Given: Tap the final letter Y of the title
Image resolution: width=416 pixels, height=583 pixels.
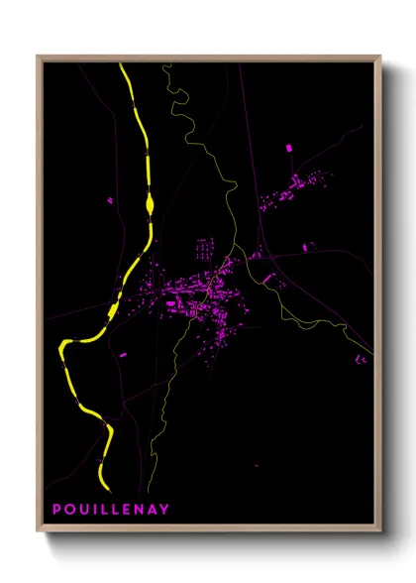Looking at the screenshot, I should (164, 510).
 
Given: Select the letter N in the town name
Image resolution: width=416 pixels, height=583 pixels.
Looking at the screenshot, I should (139, 510).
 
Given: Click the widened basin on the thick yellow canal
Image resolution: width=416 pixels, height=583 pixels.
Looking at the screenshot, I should (150, 203).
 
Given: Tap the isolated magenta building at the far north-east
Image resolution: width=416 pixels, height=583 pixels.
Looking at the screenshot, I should (289, 148).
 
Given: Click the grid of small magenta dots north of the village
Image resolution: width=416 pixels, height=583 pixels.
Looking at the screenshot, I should (204, 247).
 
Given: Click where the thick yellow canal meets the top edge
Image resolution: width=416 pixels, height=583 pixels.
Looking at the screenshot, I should (121, 65).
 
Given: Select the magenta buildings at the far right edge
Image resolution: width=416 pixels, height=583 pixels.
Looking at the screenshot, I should (359, 358).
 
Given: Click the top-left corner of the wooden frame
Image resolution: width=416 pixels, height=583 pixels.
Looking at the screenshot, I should (38, 57).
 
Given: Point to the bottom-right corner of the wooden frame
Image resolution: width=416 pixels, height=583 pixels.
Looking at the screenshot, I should (380, 531).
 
